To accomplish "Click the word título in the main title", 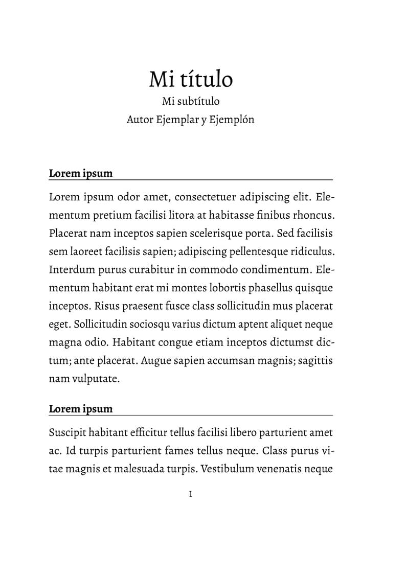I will pos(207,79).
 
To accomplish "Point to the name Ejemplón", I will pos(232,120).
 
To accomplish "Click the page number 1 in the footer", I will pos(191,494).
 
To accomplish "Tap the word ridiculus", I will pos(311,251).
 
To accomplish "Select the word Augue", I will pos(154,360).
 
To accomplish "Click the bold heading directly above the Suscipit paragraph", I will pos(81,409).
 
